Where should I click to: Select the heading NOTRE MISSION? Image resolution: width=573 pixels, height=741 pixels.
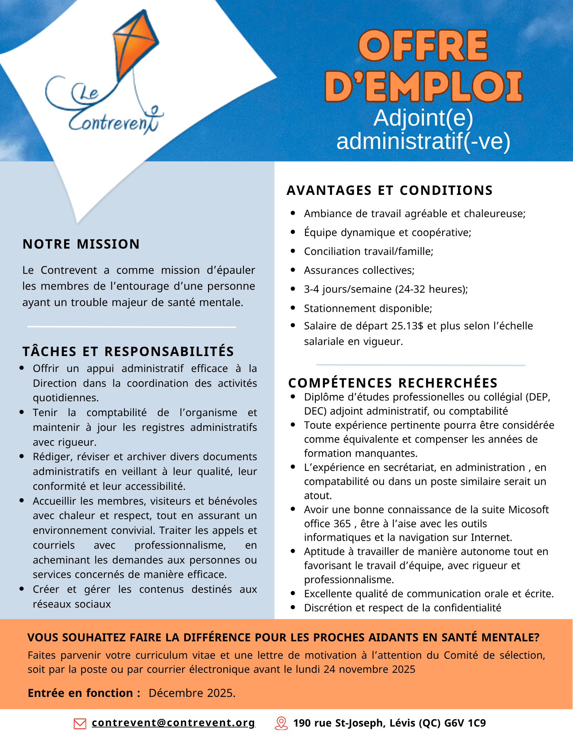(x=81, y=244)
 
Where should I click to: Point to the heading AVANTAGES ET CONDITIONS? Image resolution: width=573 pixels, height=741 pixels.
(x=389, y=190)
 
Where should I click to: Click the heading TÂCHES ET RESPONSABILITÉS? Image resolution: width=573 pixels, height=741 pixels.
(x=128, y=351)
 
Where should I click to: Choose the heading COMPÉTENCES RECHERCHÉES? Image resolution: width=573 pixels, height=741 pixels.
(x=393, y=383)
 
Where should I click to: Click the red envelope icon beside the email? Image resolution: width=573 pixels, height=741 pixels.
(x=80, y=723)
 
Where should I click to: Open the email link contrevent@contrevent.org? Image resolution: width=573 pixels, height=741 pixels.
(x=173, y=723)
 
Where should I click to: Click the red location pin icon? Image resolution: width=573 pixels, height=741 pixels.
(x=281, y=723)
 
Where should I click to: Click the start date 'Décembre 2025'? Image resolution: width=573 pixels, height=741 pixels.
(x=192, y=693)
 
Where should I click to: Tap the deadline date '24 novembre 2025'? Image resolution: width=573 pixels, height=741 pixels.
(x=369, y=669)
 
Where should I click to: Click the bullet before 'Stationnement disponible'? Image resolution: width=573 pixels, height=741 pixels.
(x=293, y=308)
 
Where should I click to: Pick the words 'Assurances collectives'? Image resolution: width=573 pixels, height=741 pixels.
(x=359, y=270)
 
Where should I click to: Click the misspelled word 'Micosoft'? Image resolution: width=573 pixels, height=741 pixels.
(x=528, y=509)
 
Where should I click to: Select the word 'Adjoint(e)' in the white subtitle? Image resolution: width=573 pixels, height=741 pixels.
(x=423, y=118)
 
